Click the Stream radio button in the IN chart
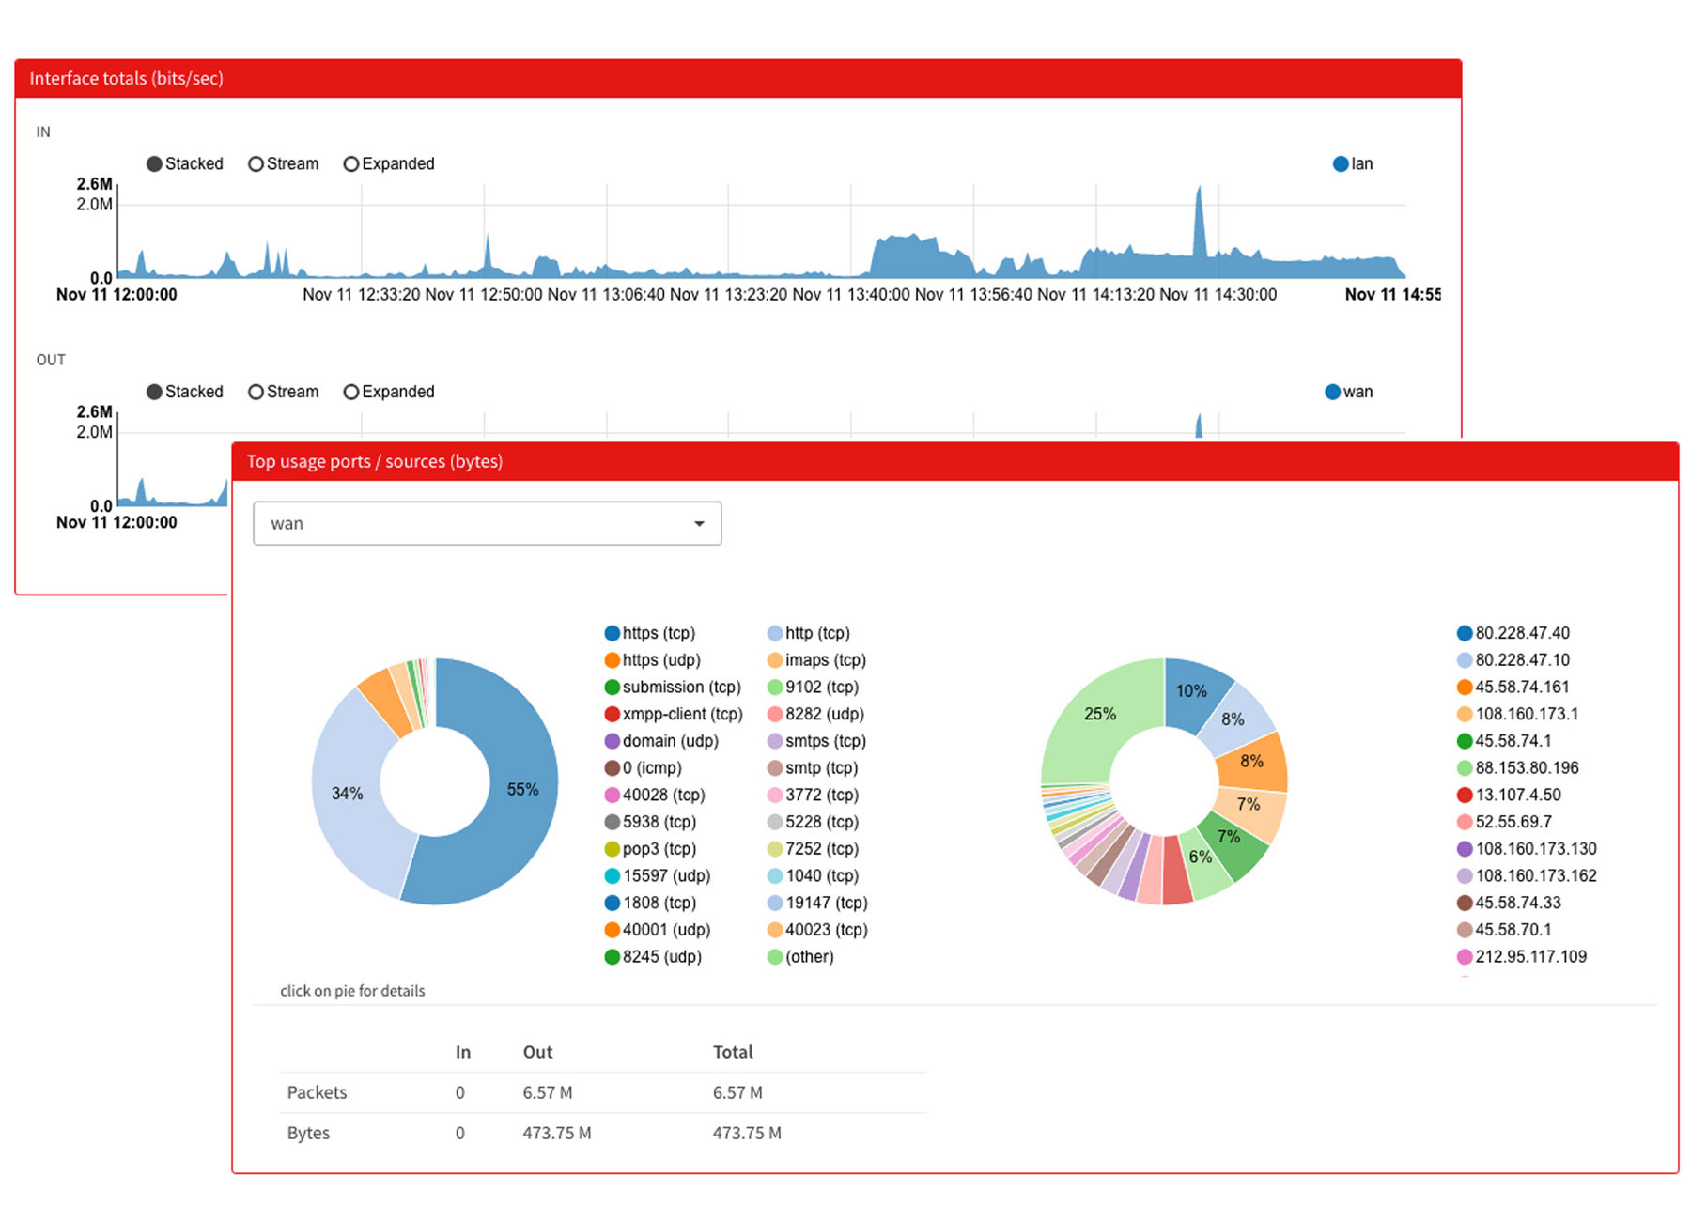coord(256,164)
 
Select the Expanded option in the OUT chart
coord(351,393)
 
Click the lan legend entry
coord(1353,164)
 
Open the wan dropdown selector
coord(487,524)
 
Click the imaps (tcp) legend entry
coord(816,660)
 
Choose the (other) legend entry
coord(800,957)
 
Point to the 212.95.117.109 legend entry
coord(1522,957)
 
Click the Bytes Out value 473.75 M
coord(557,1134)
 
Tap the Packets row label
coord(317,1093)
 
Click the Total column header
coord(733,1053)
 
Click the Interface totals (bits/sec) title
coord(126,79)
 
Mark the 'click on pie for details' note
coord(352,992)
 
